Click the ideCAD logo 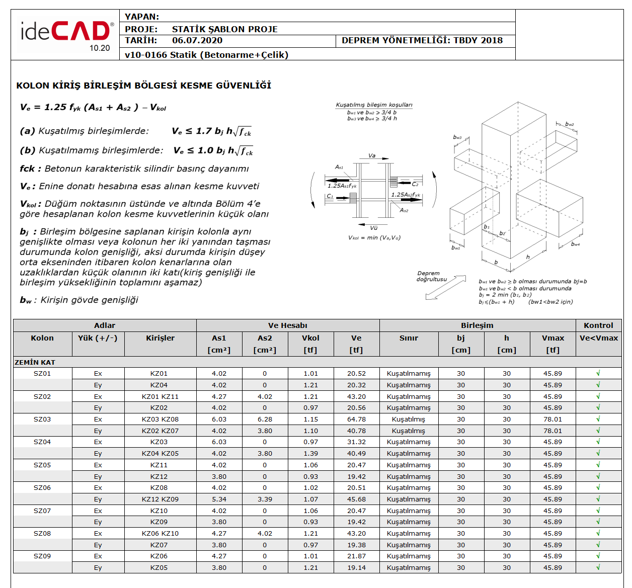pyautogui.click(x=65, y=34)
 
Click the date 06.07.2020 pyautogui.click(x=197, y=41)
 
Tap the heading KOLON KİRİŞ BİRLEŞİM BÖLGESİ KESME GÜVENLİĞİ pyautogui.click(x=143, y=86)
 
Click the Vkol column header pyautogui.click(x=310, y=338)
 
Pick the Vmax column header pyautogui.click(x=552, y=338)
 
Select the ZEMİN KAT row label pyautogui.click(x=35, y=362)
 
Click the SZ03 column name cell pyautogui.click(x=42, y=419)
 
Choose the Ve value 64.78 pyautogui.click(x=356, y=419)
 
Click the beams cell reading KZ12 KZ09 pyautogui.click(x=160, y=499)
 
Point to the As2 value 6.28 pyautogui.click(x=265, y=419)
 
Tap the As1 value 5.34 pyautogui.click(x=219, y=499)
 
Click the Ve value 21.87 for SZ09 pyautogui.click(x=356, y=556)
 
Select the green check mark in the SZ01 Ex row pyautogui.click(x=598, y=373)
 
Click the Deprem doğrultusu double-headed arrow pyautogui.click(x=446, y=287)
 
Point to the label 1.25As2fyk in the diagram pyautogui.click(x=406, y=195)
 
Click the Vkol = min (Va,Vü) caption pyautogui.click(x=374, y=238)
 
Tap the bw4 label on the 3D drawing pyautogui.click(x=575, y=244)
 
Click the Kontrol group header pyautogui.click(x=598, y=325)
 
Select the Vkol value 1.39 pyautogui.click(x=310, y=453)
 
